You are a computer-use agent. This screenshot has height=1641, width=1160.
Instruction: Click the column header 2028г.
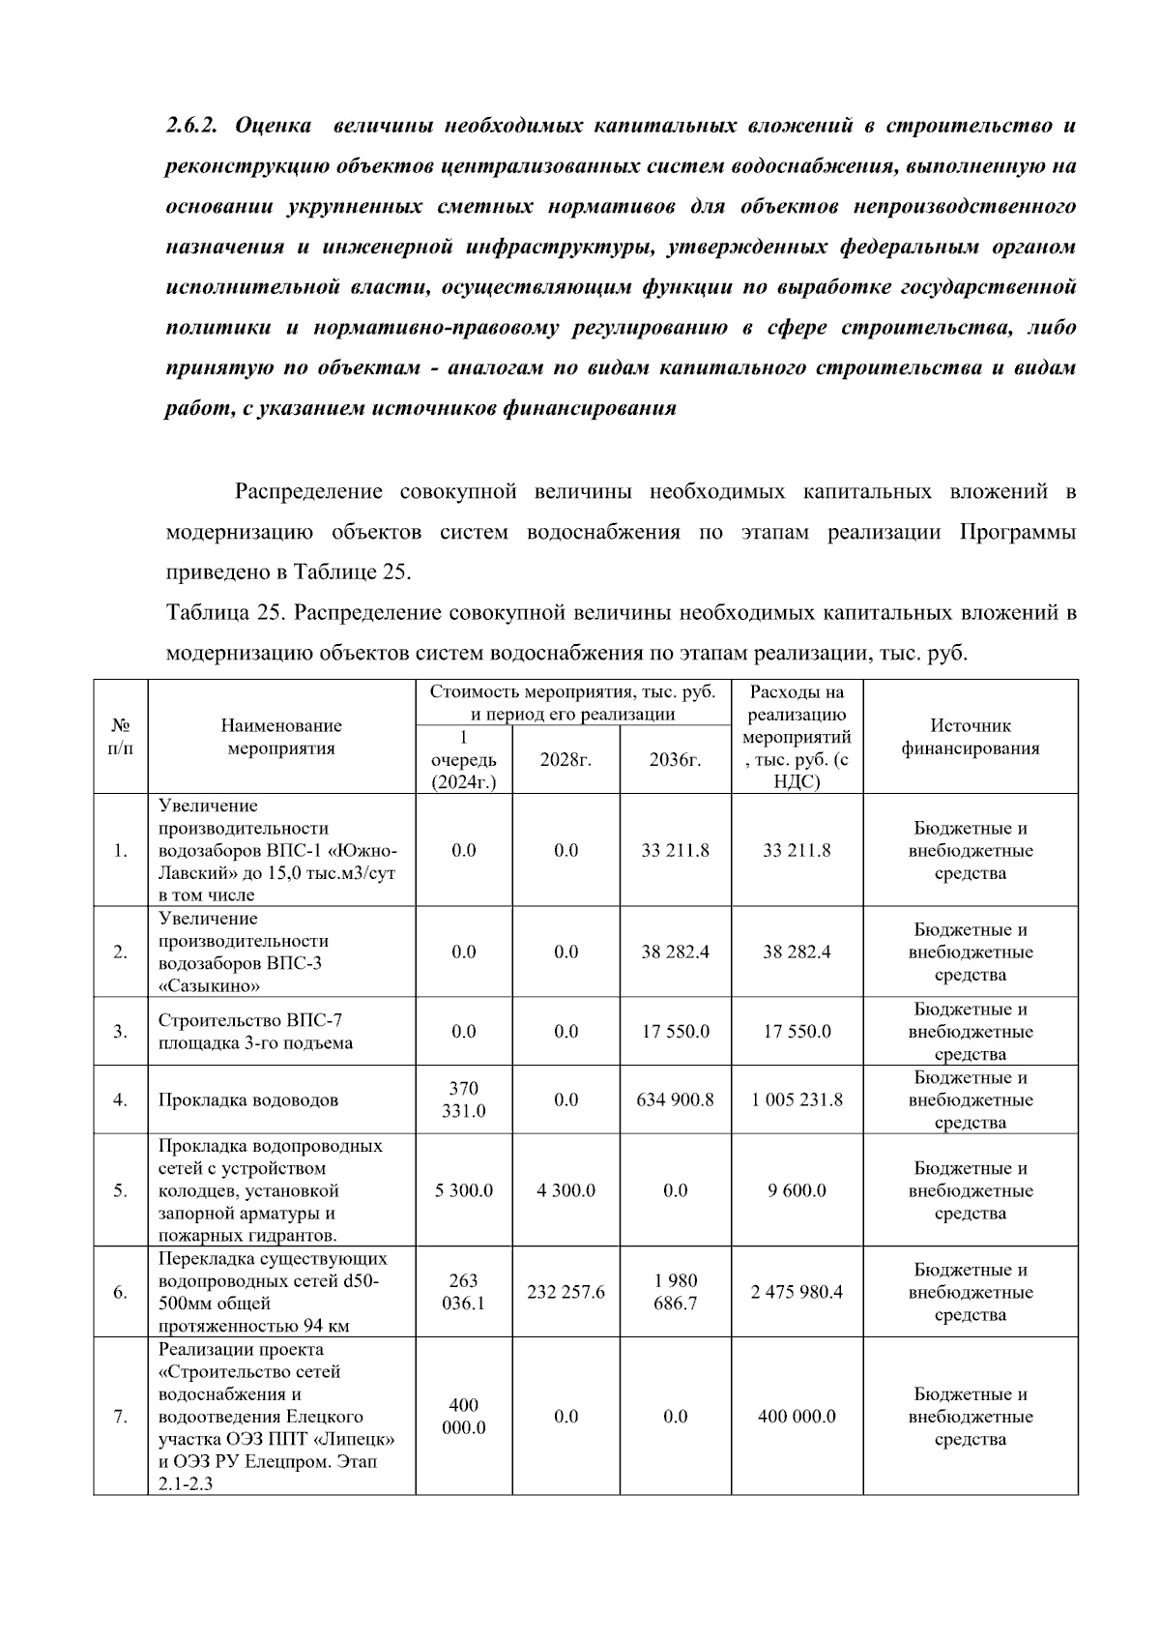point(565,760)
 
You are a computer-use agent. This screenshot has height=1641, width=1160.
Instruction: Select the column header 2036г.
point(675,760)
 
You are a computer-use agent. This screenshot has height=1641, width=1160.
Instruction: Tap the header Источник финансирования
point(970,737)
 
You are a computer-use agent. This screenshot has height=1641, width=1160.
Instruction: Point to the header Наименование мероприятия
point(281,737)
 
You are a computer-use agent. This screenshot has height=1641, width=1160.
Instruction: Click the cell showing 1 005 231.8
point(797,1099)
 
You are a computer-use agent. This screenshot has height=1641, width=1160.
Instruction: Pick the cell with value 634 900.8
point(675,1099)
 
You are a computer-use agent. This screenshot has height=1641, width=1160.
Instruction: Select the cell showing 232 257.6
point(565,1292)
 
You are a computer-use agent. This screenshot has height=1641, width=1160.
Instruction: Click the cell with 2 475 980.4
point(797,1292)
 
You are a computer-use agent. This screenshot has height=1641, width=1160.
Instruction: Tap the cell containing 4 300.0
point(565,1190)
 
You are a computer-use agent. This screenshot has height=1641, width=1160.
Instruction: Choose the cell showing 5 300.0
point(464,1190)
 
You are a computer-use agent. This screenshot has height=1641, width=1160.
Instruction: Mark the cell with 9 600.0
point(797,1190)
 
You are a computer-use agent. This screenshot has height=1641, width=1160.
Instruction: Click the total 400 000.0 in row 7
point(797,1417)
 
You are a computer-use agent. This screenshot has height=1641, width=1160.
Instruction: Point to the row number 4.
point(120,1099)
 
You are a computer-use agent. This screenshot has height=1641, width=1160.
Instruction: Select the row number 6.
point(120,1292)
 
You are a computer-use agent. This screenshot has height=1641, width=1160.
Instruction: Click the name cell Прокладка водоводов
point(248,1100)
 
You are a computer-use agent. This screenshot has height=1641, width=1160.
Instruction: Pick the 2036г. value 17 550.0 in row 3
point(675,1032)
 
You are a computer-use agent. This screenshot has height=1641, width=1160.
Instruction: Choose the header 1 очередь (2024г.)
point(464,760)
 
